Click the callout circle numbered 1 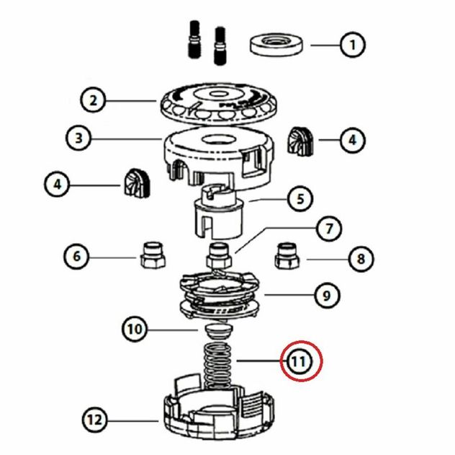point(352,45)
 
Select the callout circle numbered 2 point(93,100)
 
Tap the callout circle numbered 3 point(78,138)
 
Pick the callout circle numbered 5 point(300,199)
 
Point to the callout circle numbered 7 point(329,229)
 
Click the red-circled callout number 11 point(301,361)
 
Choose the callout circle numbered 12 point(95,420)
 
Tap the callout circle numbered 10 point(135,330)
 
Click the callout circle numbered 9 point(327,296)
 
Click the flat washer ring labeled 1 point(276,45)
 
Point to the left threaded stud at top point(194,39)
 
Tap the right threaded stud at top point(220,46)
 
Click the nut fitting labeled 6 point(153,255)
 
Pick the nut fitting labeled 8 point(287,256)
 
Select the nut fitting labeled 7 point(219,255)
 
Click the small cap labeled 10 point(219,331)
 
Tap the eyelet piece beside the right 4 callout point(300,141)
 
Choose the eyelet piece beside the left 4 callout point(137,183)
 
